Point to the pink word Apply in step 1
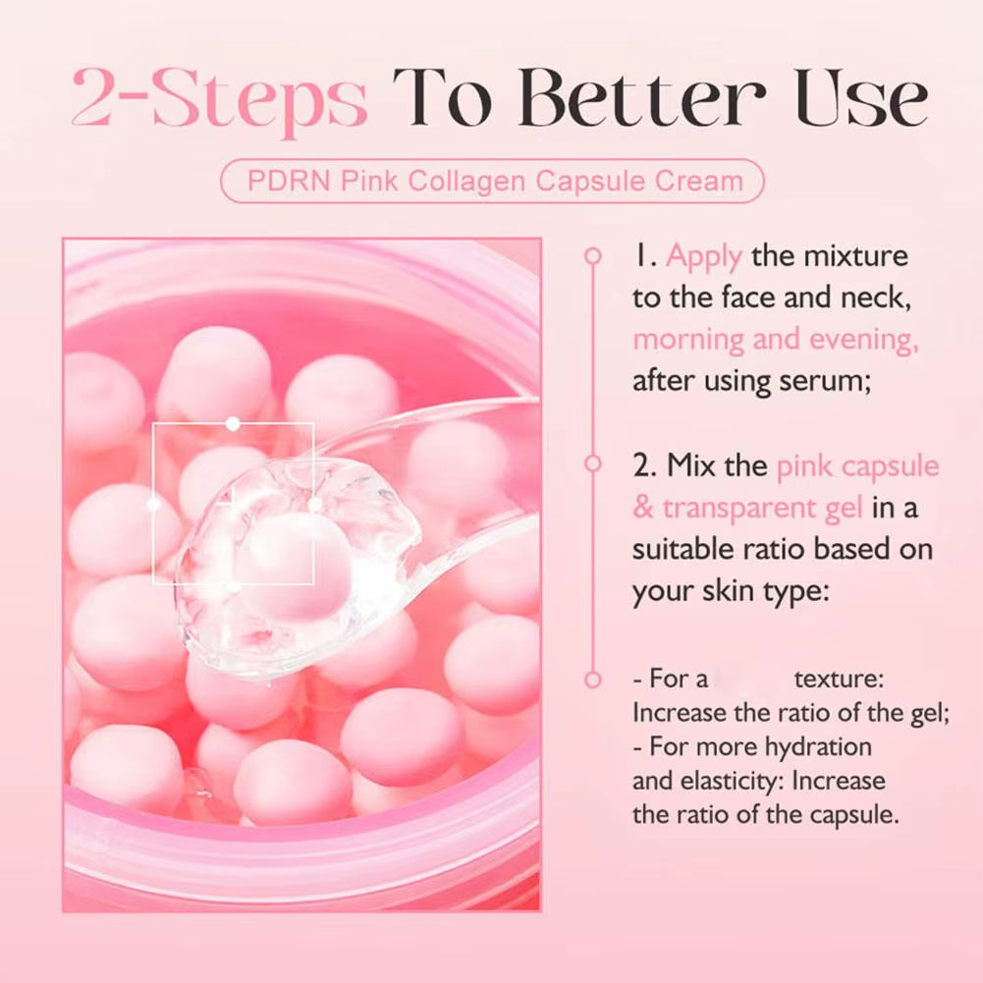pyautogui.click(x=704, y=257)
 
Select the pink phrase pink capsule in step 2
pyautogui.click(x=857, y=465)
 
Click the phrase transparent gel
pyautogui.click(x=762, y=508)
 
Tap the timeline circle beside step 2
pyautogui.click(x=592, y=463)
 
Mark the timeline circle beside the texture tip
pyautogui.click(x=592, y=680)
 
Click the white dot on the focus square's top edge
pyautogui.click(x=233, y=423)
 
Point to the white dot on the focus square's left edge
pyautogui.click(x=153, y=504)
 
